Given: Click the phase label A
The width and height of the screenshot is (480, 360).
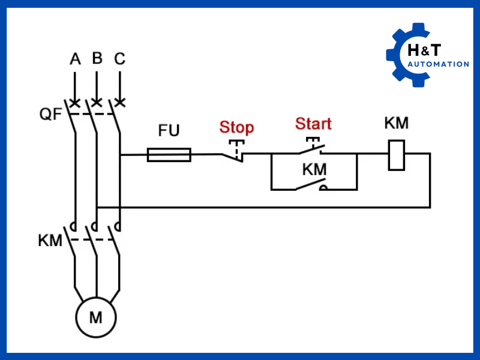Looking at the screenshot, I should (75, 59).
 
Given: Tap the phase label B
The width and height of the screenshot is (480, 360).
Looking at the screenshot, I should (97, 58).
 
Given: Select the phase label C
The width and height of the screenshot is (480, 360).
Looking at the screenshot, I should (120, 59).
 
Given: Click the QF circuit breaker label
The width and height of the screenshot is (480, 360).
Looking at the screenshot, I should (50, 113).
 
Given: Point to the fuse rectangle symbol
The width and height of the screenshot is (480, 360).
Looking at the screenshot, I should (169, 155).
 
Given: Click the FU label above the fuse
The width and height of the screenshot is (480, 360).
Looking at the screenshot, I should (169, 131).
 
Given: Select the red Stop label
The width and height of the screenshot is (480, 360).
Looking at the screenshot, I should (236, 127).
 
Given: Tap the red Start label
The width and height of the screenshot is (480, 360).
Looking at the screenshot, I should (313, 124).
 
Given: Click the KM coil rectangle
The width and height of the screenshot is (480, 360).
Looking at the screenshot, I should (396, 155).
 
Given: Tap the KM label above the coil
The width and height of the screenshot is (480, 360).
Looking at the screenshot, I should (396, 124).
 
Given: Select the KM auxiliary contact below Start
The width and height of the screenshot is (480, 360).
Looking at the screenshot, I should (311, 187).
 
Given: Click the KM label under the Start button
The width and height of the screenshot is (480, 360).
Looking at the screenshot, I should (314, 170).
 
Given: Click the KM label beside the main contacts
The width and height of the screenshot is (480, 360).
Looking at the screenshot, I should (50, 241).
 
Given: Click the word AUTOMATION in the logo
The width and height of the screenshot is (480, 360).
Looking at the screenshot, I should (439, 64).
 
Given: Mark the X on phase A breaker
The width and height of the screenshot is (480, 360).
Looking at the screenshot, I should (75, 103).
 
